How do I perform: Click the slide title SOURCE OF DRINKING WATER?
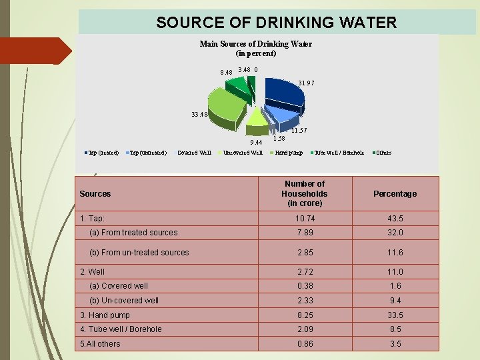pyautogui.click(x=276, y=23)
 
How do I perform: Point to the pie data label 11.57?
pyautogui.click(x=298, y=131)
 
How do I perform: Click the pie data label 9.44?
pyautogui.click(x=256, y=142)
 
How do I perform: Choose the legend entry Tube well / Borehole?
pyautogui.click(x=339, y=153)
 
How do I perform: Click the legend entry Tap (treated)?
pyautogui.click(x=103, y=153)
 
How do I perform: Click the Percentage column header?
pyautogui.click(x=395, y=194)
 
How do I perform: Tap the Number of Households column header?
pyautogui.click(x=304, y=193)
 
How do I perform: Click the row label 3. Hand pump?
pyautogui.click(x=105, y=315)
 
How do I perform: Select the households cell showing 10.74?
pyautogui.click(x=304, y=219)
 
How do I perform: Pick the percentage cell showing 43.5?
pyautogui.click(x=395, y=219)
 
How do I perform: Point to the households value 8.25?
pyautogui.click(x=304, y=315)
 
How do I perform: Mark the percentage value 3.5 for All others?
pyautogui.click(x=395, y=343)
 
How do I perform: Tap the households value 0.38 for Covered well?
pyautogui.click(x=304, y=286)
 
